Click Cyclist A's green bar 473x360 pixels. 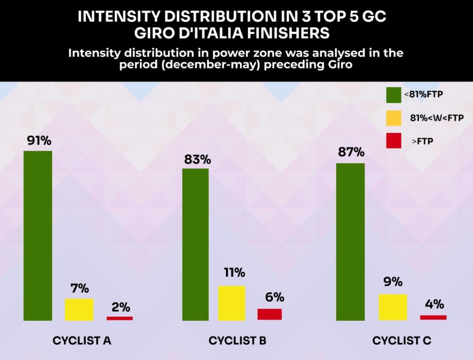pyautogui.click(x=38, y=235)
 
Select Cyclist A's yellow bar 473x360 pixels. pyautogui.click(x=79, y=309)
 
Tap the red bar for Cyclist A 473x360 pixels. pyautogui.click(x=120, y=318)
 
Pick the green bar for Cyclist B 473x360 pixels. pyautogui.click(x=195, y=244)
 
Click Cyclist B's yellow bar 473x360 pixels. pyautogui.click(x=231, y=303)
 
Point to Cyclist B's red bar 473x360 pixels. pyautogui.click(x=269, y=314)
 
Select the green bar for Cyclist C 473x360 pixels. pyautogui.click(x=350, y=241)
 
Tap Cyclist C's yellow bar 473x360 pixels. pyautogui.click(x=393, y=307)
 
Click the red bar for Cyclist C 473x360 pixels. pyautogui.click(x=433, y=317)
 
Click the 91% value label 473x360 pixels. pyautogui.click(x=38, y=140)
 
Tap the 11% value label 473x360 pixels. pyautogui.click(x=232, y=272)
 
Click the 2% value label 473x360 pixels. pyautogui.click(x=121, y=306)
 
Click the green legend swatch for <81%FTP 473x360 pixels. pyautogui.click(x=393, y=94)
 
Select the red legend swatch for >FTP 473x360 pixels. pyautogui.click(x=393, y=141)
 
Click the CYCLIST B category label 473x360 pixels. pyautogui.click(x=237, y=341)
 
